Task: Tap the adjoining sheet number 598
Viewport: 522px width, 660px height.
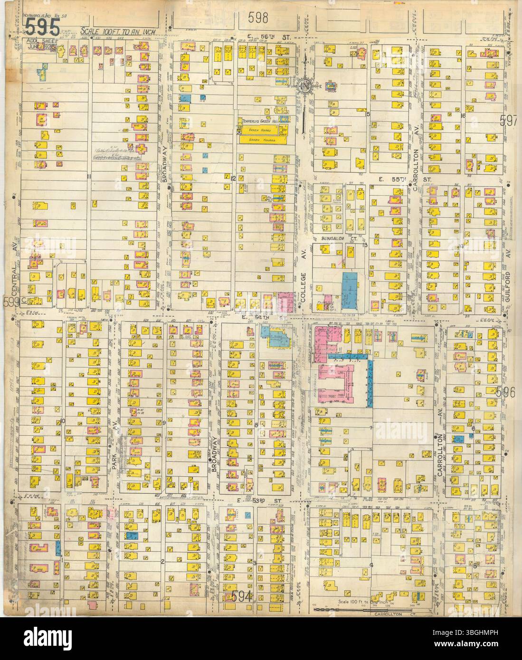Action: pyautogui.click(x=258, y=18)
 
